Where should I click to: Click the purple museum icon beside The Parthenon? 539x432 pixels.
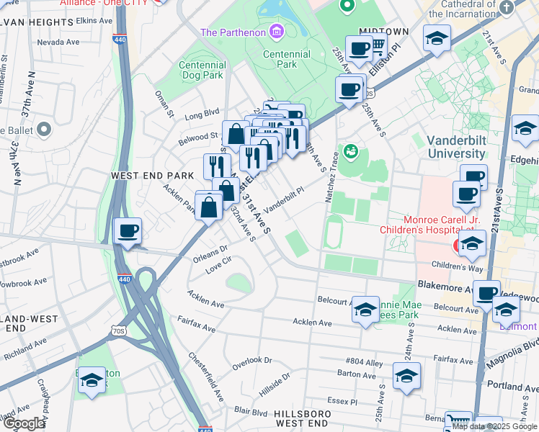(x=275, y=32)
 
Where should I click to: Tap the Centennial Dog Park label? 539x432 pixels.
(x=202, y=71)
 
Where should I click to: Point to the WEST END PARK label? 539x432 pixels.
(x=152, y=176)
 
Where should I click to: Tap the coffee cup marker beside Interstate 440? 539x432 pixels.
(x=128, y=232)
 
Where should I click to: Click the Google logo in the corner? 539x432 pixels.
(x=24, y=423)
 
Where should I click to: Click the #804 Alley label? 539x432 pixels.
(x=365, y=362)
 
